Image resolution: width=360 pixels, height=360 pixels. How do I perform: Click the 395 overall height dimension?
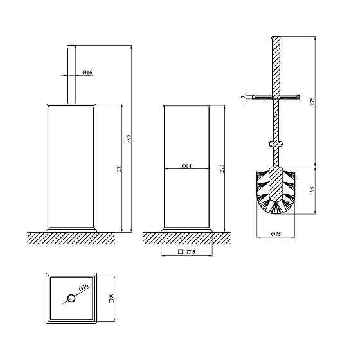tap(129, 139)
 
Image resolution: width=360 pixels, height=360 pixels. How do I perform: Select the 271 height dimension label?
tap(120, 168)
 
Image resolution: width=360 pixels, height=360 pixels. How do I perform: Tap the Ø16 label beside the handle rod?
tap(87, 72)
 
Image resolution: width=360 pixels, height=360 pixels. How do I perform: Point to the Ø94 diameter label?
tap(186, 166)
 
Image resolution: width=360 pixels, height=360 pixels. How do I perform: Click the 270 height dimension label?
tap(222, 169)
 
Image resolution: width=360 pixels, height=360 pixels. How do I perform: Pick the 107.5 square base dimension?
tap(186, 252)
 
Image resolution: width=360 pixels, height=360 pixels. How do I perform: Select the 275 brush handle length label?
tap(312, 102)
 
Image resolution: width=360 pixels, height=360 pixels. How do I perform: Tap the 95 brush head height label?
tap(312, 189)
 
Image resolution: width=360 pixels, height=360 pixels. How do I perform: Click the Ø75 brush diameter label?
tap(276, 234)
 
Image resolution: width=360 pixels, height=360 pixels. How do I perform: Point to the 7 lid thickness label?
tap(244, 97)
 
